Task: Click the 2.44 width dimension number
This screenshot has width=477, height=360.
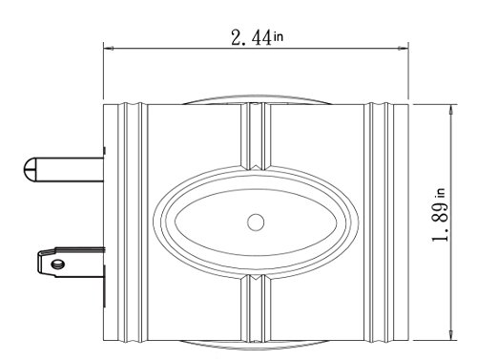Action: click(251, 37)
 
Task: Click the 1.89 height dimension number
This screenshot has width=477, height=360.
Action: click(441, 222)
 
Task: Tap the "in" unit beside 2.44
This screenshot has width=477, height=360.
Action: click(278, 36)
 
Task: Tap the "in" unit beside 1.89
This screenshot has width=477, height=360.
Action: click(442, 193)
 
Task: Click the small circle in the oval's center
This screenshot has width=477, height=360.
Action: click(256, 222)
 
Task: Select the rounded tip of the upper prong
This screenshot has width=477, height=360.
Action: click(30, 170)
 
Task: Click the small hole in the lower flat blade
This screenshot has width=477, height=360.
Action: click(58, 264)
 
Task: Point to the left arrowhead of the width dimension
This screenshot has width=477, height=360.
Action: click(109, 49)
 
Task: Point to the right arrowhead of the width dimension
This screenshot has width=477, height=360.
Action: click(403, 49)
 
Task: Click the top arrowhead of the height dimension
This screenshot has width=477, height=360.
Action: click(450, 110)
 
